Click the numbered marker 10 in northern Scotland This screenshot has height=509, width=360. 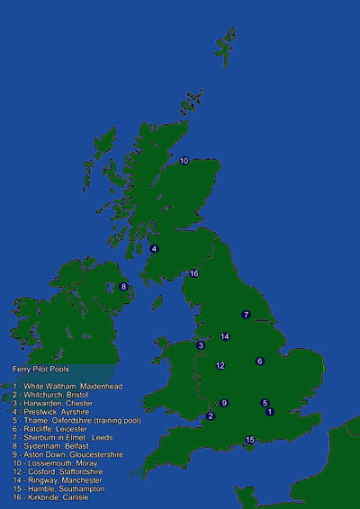tap(184, 161)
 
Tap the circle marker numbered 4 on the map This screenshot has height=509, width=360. tap(155, 248)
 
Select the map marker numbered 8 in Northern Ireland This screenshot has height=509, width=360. tap(124, 287)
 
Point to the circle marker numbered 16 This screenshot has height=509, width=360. tap(193, 273)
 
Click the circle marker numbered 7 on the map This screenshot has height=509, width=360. tap(246, 315)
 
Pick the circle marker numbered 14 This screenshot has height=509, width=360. tap(225, 336)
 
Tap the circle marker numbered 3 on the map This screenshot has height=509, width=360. tap(201, 345)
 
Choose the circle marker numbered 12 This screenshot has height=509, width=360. tap(220, 365)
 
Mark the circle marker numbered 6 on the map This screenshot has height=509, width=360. tap(260, 361)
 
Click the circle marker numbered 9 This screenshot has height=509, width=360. tap(224, 403)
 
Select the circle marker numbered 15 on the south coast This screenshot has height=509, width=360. tap(251, 439)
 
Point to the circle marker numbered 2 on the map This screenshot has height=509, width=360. tap(211, 415)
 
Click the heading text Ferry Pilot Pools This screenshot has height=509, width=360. tap(41, 369)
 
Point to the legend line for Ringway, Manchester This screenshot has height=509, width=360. tap(59, 480)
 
